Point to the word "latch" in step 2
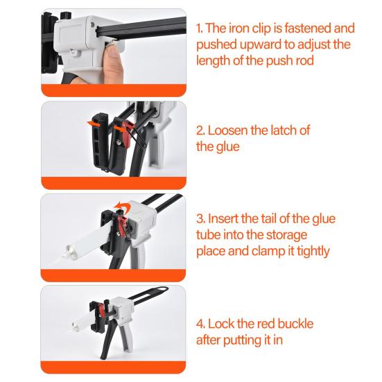pos(281,130)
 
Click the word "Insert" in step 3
pos(223,218)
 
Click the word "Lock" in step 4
pos(220,324)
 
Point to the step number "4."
pos(201,324)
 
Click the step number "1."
pos(200,28)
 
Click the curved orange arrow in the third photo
pos(123,207)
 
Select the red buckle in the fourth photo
pos(101,311)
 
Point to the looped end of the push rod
pos(162,289)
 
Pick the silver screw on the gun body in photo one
pos(73,51)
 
